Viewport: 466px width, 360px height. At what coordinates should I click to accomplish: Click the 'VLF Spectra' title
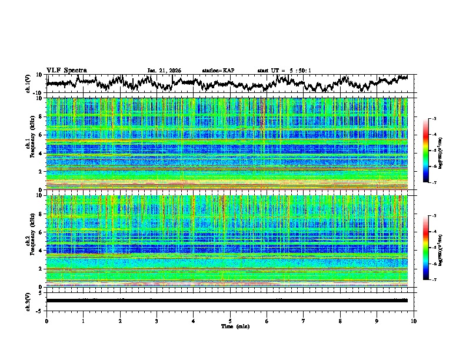pos(66,70)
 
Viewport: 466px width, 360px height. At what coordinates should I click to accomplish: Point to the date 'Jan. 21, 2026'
pos(164,71)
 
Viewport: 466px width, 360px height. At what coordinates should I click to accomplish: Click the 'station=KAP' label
pos(218,71)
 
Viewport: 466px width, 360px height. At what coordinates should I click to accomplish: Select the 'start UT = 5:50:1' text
pos(284,71)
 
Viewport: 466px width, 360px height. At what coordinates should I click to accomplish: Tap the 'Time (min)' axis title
pos(230,326)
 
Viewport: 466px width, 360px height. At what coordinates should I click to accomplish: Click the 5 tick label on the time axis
pos(230,320)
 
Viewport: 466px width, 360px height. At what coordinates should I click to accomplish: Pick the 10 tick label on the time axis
pos(414,320)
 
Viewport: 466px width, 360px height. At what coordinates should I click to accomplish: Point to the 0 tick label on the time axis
pos(46,320)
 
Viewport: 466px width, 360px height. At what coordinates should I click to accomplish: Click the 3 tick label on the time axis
pos(157,320)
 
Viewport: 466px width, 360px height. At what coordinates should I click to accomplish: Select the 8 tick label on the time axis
pos(340,320)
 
